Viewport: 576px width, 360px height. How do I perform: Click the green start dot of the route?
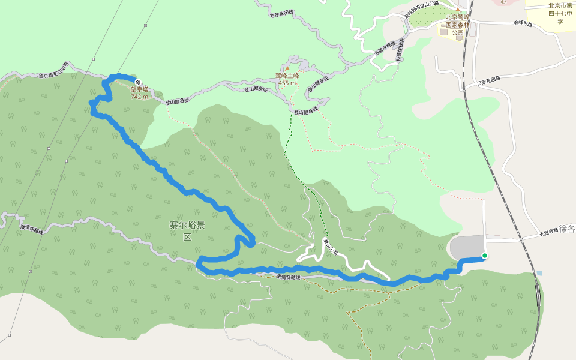point(484,256)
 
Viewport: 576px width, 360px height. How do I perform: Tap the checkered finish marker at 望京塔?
point(139,82)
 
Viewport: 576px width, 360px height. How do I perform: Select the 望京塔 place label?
point(139,89)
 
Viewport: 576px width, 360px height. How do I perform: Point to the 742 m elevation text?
point(139,97)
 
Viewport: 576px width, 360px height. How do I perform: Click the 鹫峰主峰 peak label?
point(287,76)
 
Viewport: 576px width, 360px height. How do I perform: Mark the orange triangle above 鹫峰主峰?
point(287,68)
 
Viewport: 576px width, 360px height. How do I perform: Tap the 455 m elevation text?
point(287,83)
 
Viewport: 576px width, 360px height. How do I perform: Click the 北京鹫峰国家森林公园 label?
point(457,25)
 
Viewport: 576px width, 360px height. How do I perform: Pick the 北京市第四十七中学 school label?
point(560,14)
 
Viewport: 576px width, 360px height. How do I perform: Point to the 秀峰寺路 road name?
point(523,23)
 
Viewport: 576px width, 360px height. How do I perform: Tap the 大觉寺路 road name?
point(548,230)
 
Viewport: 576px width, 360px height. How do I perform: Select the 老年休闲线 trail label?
point(281,13)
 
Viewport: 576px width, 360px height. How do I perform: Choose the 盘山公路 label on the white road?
point(329,246)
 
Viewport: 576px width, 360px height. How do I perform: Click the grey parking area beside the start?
point(467,247)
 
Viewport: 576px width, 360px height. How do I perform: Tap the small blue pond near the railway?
point(539,273)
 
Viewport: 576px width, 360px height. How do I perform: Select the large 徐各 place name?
point(567,229)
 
